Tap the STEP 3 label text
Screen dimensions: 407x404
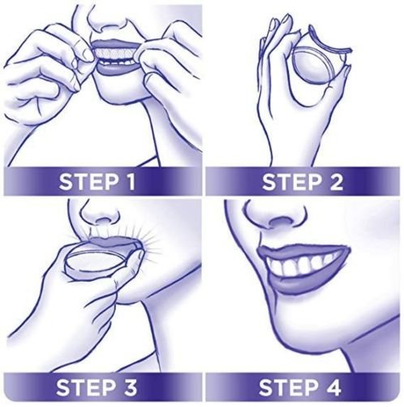[100, 387]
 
